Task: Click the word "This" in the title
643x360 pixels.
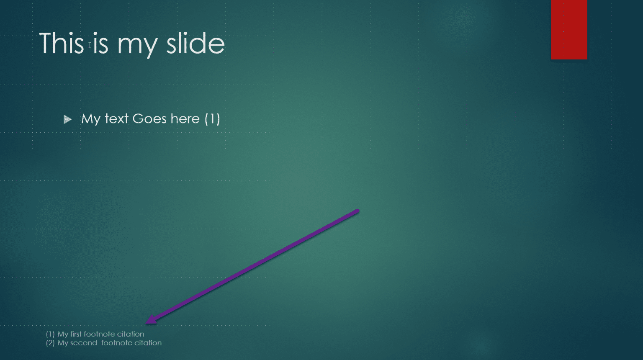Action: tap(61, 43)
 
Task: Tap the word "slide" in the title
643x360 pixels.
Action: tap(195, 43)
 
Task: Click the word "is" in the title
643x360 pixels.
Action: tap(100, 43)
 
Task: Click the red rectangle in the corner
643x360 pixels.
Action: tap(569, 29)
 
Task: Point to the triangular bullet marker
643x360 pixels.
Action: tap(67, 120)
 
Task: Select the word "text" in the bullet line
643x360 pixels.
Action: tap(116, 119)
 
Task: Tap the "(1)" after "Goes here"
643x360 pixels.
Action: tap(212, 119)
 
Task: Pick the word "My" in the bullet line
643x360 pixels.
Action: tap(91, 119)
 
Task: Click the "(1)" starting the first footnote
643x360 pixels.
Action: tap(50, 334)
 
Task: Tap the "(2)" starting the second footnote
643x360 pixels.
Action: tap(50, 343)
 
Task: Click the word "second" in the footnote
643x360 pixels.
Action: tap(83, 343)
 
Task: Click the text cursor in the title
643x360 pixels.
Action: tap(90, 45)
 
